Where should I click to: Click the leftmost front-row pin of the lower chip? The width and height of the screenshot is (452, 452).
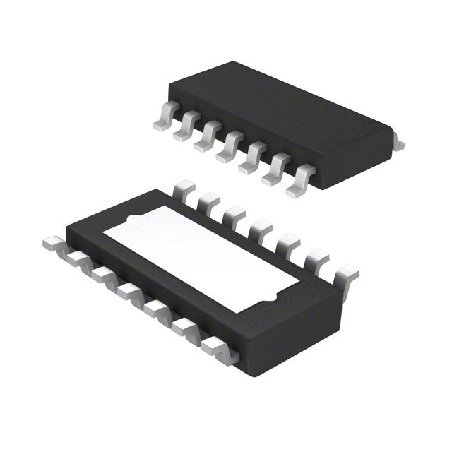point(54,244)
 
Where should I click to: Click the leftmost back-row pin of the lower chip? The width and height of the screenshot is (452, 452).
point(184,189)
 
